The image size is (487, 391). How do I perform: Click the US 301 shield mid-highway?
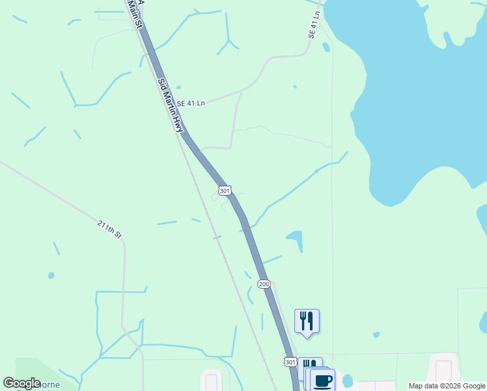click(x=224, y=190)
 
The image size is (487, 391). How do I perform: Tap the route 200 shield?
click(x=264, y=284)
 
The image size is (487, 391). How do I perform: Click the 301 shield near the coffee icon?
click(x=290, y=362)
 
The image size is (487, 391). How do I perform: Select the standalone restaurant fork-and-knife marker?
click(x=307, y=321)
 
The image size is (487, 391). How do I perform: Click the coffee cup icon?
click(x=322, y=381)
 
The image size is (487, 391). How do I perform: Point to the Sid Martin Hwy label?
click(x=169, y=106)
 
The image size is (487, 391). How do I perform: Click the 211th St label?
click(x=109, y=229)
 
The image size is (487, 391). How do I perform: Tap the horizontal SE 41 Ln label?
click(x=191, y=103)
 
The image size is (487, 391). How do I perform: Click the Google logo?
click(x=21, y=383)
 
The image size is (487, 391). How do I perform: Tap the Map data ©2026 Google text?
click(x=446, y=386)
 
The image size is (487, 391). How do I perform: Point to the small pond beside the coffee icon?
click(x=347, y=380)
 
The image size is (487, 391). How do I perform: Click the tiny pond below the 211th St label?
click(x=51, y=276)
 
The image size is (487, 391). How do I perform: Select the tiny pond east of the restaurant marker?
click(x=376, y=335)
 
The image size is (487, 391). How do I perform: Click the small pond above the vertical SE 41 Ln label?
click(x=326, y=47)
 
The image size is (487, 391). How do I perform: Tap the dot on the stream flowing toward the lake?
click(x=316, y=171)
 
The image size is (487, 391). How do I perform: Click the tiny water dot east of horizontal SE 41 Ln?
click(x=295, y=87)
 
